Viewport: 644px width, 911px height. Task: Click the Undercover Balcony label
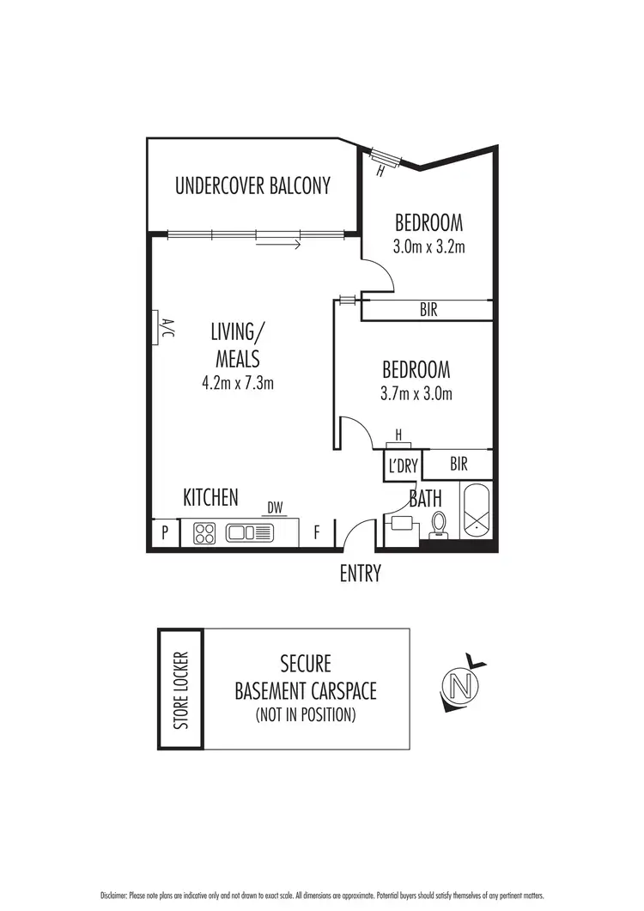tap(252, 186)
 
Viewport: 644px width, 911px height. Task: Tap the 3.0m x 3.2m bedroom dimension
tap(428, 247)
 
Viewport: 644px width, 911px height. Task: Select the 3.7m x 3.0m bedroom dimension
tap(416, 394)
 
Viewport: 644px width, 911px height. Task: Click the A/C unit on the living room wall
tap(160, 328)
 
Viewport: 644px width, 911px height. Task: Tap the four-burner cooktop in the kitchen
tap(206, 533)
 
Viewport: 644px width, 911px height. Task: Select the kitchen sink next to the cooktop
tap(250, 533)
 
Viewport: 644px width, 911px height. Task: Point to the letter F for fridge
tap(316, 533)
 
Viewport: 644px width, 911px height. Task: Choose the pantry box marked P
tap(164, 533)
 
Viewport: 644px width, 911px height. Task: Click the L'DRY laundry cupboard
tap(402, 466)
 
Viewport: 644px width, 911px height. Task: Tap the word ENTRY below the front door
tap(360, 574)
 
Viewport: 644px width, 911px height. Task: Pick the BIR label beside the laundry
tap(459, 465)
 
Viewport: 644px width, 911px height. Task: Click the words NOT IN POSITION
tap(306, 714)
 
